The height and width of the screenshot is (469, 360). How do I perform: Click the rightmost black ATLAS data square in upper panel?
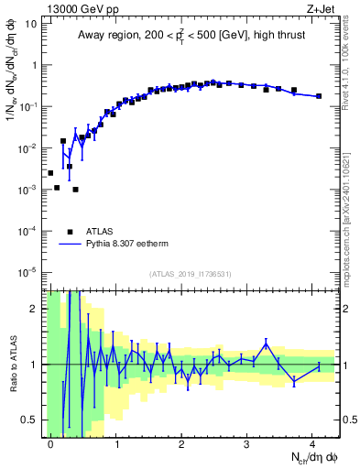(x=318, y=96)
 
